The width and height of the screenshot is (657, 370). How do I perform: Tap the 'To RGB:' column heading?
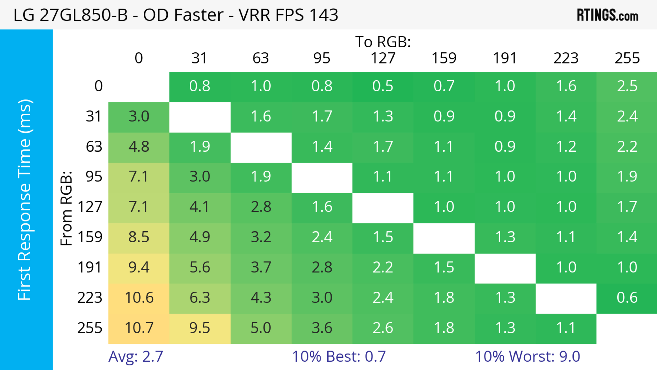pyautogui.click(x=383, y=42)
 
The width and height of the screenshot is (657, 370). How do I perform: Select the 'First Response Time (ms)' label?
pyautogui.click(x=25, y=199)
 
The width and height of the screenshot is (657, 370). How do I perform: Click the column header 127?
pyautogui.click(x=383, y=58)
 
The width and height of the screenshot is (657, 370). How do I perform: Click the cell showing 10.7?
pyautogui.click(x=139, y=328)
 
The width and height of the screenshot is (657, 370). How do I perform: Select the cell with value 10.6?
pyautogui.click(x=139, y=298)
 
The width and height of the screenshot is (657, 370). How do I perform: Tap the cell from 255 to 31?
pyautogui.click(x=200, y=328)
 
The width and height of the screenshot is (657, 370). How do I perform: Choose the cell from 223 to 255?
pyautogui.click(x=627, y=298)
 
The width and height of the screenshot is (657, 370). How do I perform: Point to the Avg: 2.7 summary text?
pyautogui.click(x=136, y=356)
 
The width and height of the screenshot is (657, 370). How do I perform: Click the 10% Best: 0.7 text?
pyautogui.click(x=339, y=356)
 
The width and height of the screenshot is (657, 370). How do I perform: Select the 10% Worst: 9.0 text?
pyautogui.click(x=527, y=356)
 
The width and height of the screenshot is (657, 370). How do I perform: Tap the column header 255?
pyautogui.click(x=627, y=58)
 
